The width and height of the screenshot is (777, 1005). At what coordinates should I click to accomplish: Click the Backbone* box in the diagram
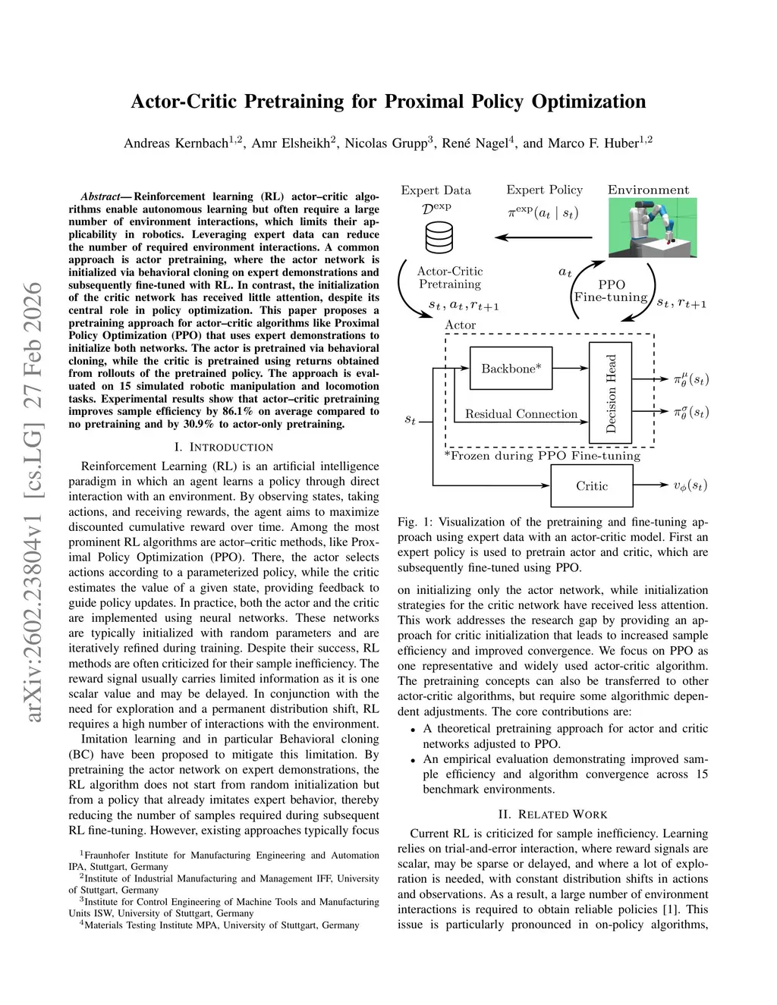(511, 369)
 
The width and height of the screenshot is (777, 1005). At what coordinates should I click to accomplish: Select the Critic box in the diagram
(591, 486)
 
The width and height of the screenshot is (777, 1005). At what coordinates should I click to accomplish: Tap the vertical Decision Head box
(611, 393)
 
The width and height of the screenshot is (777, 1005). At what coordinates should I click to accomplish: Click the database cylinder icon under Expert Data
(439, 237)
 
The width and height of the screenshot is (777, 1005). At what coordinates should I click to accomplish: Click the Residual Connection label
(521, 414)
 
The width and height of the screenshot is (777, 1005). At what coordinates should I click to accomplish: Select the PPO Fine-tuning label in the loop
(611, 291)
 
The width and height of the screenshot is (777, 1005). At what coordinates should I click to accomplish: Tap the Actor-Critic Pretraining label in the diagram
(450, 278)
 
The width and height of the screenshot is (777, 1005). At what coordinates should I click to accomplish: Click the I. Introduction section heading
(224, 447)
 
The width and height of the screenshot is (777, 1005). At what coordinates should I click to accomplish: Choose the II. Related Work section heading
(552, 815)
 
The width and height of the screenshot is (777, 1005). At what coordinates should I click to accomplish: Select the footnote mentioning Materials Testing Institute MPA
(220, 925)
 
